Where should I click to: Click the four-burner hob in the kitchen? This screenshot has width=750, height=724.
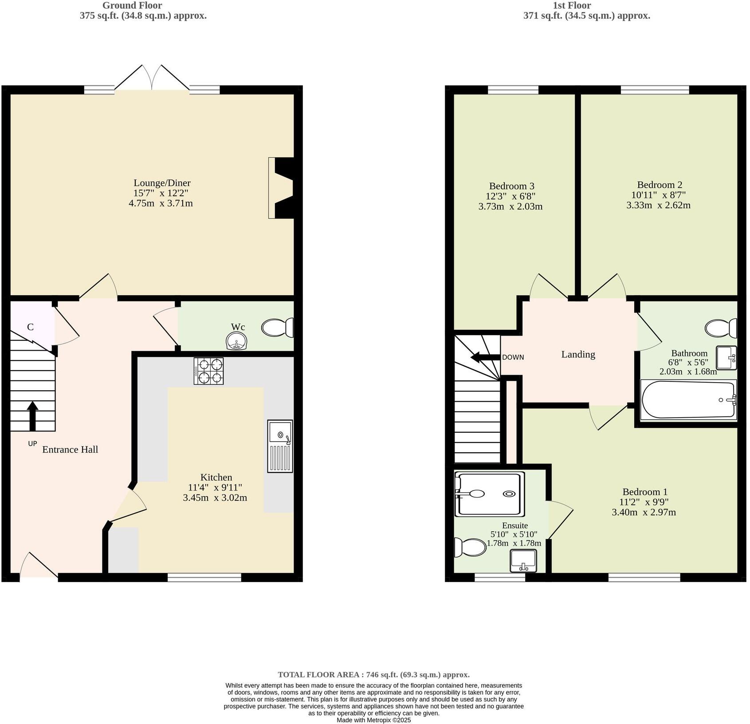point(208,371)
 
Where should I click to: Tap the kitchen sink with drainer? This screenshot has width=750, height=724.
point(280,446)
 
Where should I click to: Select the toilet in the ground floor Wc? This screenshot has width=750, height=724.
point(278,328)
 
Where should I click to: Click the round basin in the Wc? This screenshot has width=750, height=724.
point(237,342)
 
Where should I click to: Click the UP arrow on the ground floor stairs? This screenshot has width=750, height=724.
point(32,415)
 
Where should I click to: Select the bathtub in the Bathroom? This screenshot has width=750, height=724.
point(688,400)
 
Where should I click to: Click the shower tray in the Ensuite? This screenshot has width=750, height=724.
point(490,494)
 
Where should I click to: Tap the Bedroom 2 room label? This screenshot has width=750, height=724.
point(659,185)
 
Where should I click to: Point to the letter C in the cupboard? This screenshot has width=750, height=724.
point(30,327)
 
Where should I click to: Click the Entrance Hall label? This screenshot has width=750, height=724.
point(70,450)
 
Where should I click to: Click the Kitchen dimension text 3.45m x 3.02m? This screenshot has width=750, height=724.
point(215,498)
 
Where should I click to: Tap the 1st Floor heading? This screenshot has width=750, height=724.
point(571,5)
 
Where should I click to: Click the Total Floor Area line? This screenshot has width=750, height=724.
point(373,675)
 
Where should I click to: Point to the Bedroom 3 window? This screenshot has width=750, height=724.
point(513,90)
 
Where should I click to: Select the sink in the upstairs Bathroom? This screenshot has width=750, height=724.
point(726,357)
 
